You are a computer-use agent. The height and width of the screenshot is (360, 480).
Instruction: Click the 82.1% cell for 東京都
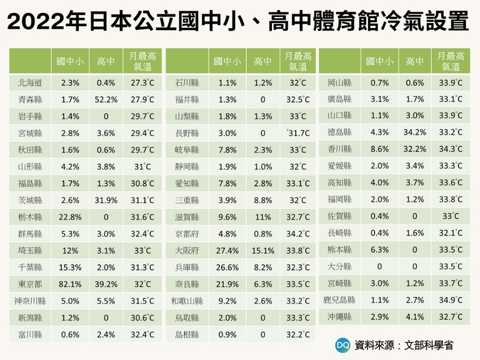click(71, 283)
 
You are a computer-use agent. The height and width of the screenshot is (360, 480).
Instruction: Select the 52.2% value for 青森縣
click(107, 99)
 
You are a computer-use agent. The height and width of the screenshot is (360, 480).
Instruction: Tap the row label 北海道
click(30, 82)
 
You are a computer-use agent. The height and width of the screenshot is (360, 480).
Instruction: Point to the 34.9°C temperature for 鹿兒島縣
click(451, 300)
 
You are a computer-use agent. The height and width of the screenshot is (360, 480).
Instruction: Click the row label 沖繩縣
click(339, 317)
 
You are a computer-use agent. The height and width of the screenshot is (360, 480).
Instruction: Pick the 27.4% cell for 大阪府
click(227, 250)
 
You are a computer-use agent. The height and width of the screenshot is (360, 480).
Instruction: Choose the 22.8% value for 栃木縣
click(71, 216)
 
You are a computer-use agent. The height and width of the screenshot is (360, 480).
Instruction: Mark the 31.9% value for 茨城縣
click(107, 200)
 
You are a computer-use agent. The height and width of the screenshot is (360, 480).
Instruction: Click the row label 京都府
click(187, 233)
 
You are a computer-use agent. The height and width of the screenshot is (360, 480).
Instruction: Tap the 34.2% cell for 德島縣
click(414, 132)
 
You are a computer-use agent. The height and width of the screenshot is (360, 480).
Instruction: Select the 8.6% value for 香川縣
click(379, 149)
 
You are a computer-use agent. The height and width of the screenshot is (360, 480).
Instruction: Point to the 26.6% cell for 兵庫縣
click(227, 267)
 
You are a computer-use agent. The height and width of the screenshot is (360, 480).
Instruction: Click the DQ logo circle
click(342, 344)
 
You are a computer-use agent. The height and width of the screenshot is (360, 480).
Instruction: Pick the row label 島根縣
click(187, 334)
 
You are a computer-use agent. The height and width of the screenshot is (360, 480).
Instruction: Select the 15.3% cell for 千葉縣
click(71, 267)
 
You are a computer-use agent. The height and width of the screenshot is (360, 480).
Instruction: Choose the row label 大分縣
click(339, 266)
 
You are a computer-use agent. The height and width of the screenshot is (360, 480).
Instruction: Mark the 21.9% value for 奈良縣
click(227, 284)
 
